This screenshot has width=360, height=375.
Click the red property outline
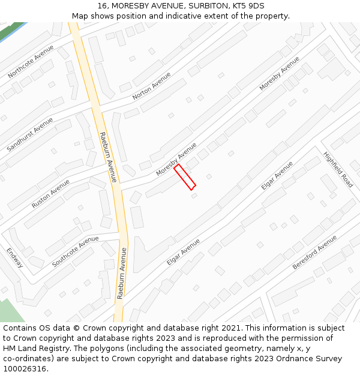coord(185,177)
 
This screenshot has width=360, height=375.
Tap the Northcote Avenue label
coord(31,61)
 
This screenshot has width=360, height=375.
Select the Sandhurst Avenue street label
coord(29,134)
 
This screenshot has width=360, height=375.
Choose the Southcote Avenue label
coord(75,251)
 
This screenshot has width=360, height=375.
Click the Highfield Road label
coord(338,169)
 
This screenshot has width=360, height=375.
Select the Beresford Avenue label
coord(315,252)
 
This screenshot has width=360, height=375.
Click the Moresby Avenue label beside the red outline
coord(176,159)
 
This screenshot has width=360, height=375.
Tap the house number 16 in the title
coord(100,6)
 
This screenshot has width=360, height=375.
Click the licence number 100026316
coord(24,369)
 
